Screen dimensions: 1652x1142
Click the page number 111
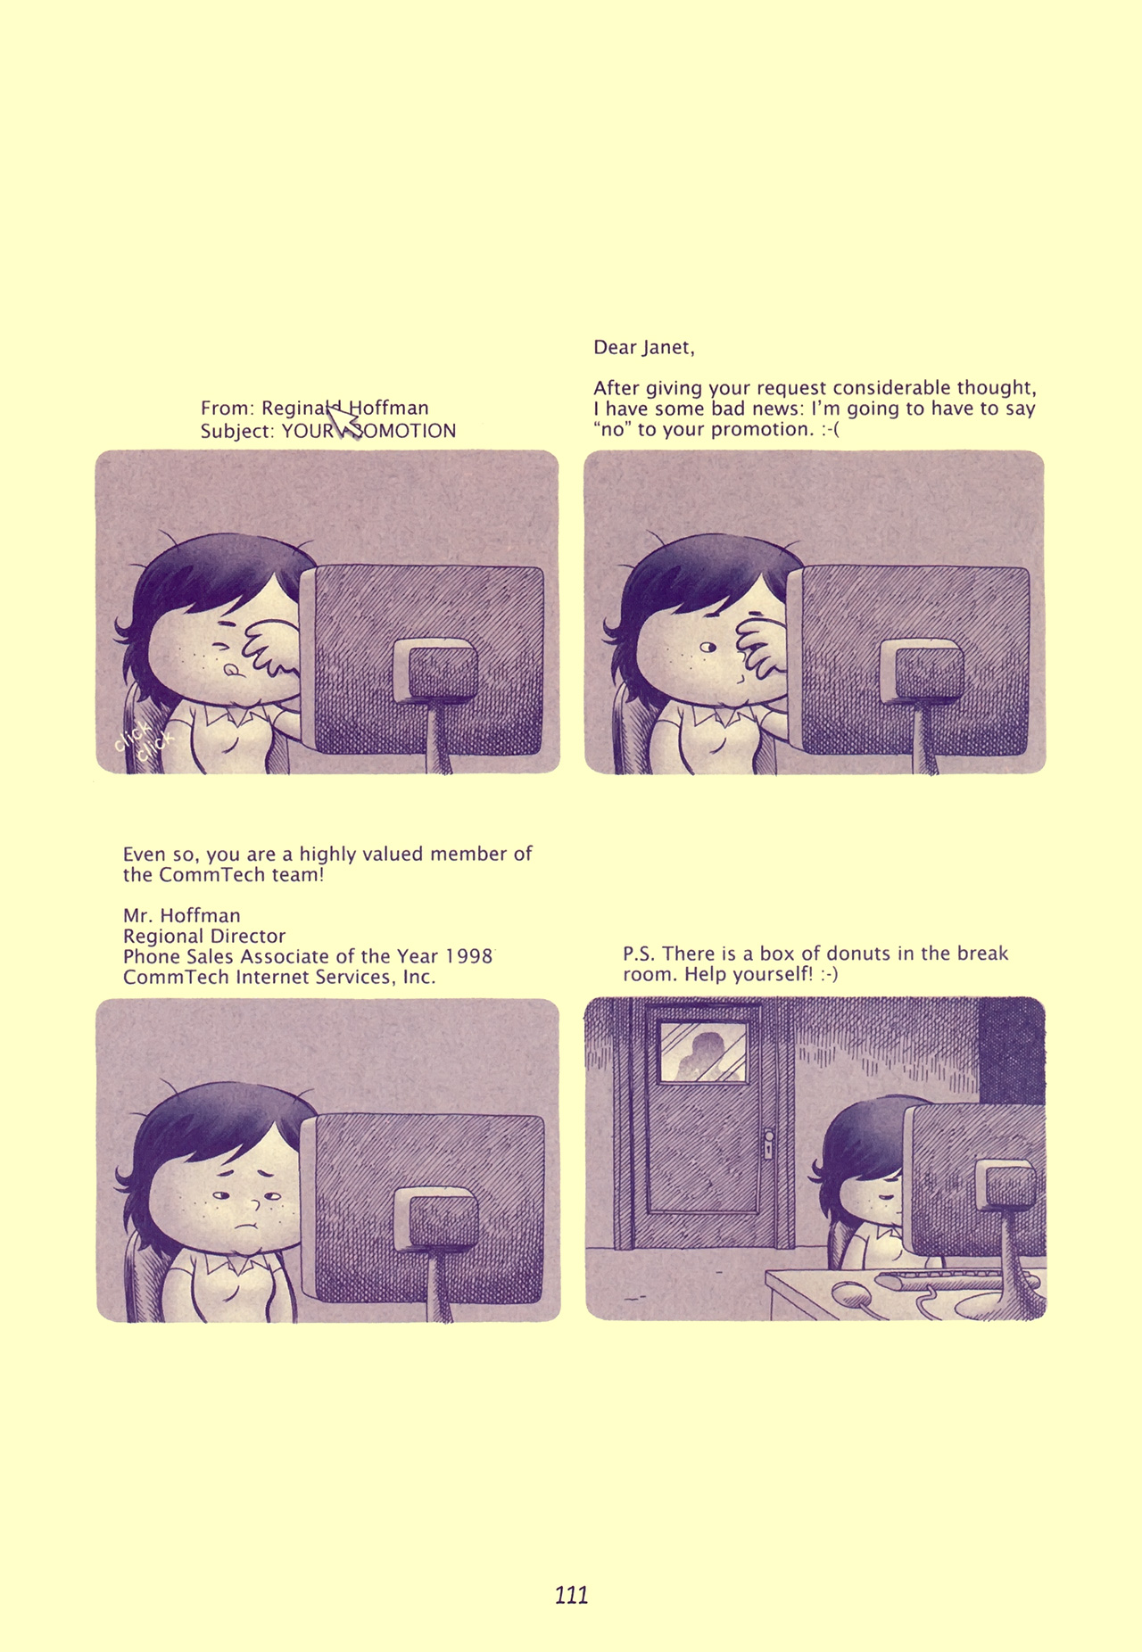[x=571, y=1595]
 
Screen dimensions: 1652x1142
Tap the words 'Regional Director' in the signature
[x=204, y=936]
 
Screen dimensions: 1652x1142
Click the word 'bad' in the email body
[x=730, y=409]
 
